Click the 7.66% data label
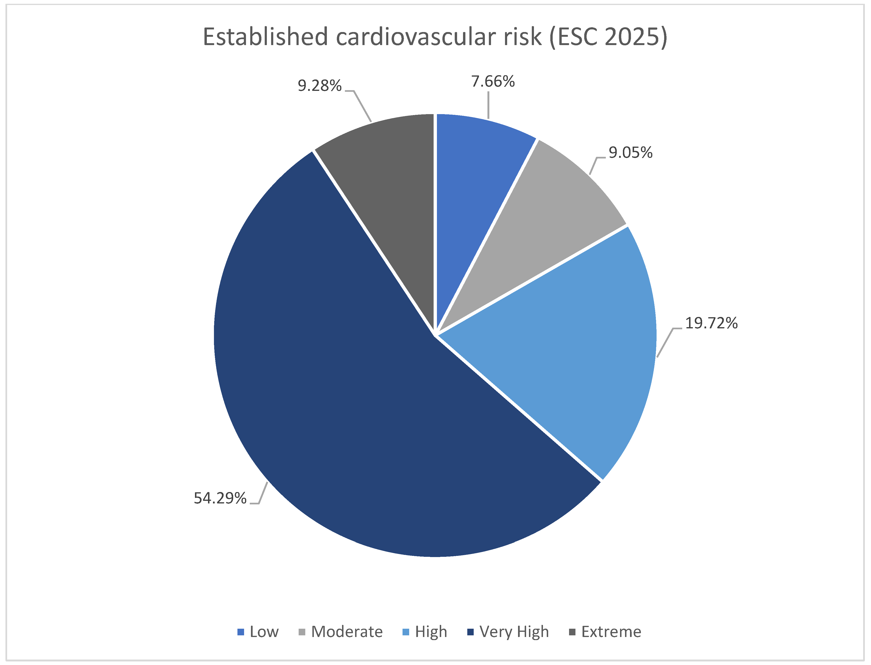coord(493,82)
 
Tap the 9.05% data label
coord(630,153)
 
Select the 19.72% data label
coord(711,323)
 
